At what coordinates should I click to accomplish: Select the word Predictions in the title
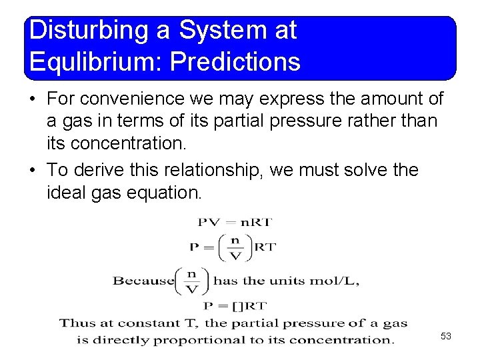click(x=236, y=62)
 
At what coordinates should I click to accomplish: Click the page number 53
click(x=446, y=336)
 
